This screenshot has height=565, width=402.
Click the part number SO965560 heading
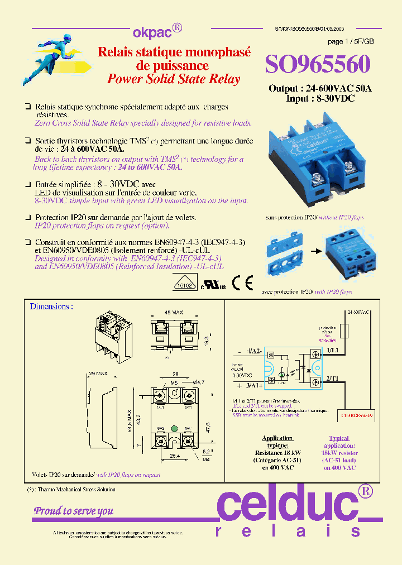click(x=317, y=65)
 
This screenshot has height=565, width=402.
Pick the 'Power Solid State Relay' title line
click(x=174, y=79)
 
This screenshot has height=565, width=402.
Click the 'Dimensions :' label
click(x=51, y=307)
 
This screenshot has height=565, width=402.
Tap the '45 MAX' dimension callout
click(x=173, y=313)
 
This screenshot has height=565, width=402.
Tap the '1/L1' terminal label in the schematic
click(x=333, y=350)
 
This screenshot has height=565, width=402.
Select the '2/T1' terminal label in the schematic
click(x=333, y=379)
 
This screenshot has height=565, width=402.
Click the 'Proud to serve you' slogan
click(x=74, y=511)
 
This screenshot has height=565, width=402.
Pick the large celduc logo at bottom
click(x=293, y=506)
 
